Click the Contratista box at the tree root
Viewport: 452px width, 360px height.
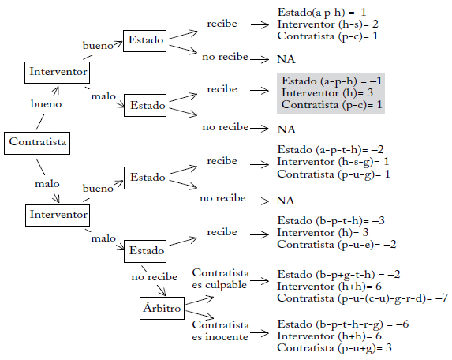(x=37, y=143)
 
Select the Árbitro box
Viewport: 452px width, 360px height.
(x=162, y=308)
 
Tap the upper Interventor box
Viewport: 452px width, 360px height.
(x=57, y=73)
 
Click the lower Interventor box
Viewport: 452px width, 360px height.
(x=58, y=216)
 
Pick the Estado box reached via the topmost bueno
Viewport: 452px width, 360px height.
(x=144, y=41)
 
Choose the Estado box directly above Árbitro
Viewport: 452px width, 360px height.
(x=145, y=251)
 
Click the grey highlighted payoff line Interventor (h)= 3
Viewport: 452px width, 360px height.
(x=327, y=93)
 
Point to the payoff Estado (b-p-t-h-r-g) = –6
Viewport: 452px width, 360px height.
(x=343, y=324)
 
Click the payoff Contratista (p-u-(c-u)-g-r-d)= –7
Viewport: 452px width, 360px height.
(x=363, y=298)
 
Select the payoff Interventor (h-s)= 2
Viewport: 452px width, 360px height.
(x=327, y=24)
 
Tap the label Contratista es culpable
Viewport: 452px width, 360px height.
(x=221, y=279)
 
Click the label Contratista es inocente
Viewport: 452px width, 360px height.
(x=221, y=331)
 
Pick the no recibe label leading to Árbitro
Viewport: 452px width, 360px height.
(x=155, y=277)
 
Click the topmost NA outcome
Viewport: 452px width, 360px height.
(x=286, y=59)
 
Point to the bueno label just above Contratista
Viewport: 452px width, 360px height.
(x=46, y=104)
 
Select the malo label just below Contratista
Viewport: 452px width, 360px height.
(x=47, y=184)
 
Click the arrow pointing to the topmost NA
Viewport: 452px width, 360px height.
(x=260, y=60)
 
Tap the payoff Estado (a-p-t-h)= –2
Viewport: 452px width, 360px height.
(x=331, y=150)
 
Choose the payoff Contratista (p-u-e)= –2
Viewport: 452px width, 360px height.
(x=337, y=245)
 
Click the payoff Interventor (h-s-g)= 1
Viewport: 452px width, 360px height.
(x=333, y=162)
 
